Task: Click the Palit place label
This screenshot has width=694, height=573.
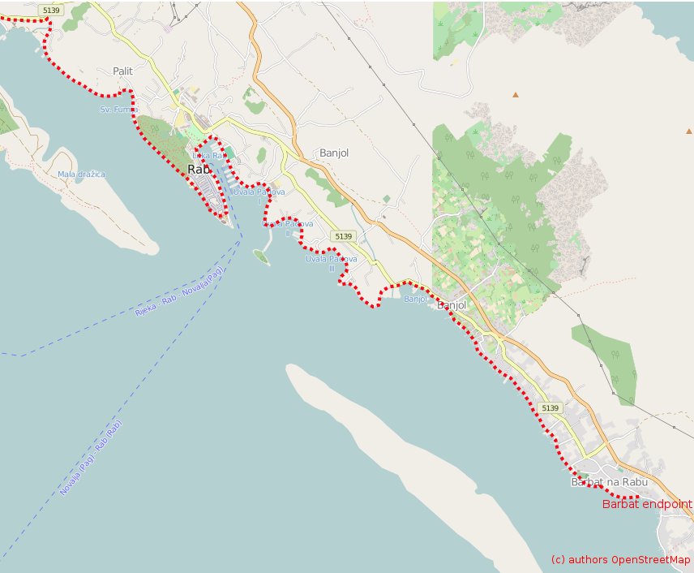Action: tap(123, 71)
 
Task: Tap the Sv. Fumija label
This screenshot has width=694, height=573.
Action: tap(118, 109)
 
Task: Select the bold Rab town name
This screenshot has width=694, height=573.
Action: tap(199, 170)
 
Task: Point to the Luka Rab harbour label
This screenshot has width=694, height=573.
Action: tap(207, 155)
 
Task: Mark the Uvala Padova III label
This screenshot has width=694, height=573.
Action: tap(331, 263)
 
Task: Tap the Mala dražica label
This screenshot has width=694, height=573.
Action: tap(81, 174)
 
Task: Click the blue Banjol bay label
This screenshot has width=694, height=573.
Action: tap(415, 299)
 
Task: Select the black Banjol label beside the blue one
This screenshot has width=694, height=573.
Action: tap(452, 305)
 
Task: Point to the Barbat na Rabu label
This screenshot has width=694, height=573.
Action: tap(610, 482)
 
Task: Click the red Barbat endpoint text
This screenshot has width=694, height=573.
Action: tap(647, 504)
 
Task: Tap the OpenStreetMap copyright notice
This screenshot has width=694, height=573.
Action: tap(620, 560)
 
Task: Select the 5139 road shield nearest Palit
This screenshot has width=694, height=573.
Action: tap(52, 10)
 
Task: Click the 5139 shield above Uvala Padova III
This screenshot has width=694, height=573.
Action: tap(343, 236)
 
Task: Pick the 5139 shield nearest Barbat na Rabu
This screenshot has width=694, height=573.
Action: tap(550, 407)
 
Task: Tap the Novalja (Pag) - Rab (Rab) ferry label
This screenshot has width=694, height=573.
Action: tap(91, 459)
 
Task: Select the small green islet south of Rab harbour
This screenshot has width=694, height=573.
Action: tap(261, 256)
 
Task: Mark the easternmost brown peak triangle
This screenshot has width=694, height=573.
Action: tap(689, 131)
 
